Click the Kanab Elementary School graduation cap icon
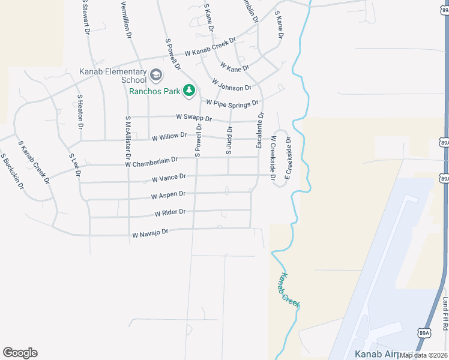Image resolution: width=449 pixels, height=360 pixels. [x=157, y=75]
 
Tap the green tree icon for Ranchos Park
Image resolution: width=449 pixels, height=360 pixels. [x=190, y=91]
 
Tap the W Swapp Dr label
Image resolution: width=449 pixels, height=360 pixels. [x=194, y=118]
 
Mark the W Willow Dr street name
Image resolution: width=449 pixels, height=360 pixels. [x=169, y=137]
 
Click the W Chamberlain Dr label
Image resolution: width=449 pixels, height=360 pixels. [x=151, y=161]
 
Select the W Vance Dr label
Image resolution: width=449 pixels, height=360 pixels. [x=169, y=178]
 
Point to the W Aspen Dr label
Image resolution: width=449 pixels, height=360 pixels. [x=168, y=196]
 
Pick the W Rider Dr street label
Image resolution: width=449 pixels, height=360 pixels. [x=170, y=212]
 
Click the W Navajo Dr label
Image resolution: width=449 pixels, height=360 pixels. [x=150, y=232]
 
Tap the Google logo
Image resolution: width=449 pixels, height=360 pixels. [x=20, y=353]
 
